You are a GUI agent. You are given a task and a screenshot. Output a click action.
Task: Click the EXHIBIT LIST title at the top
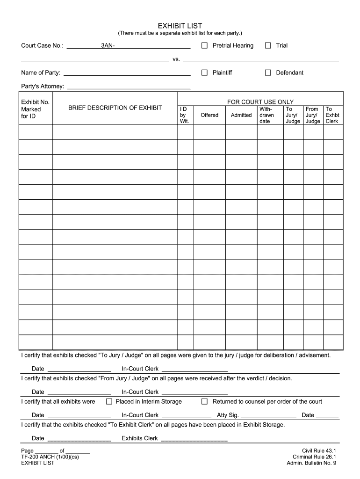(180, 26)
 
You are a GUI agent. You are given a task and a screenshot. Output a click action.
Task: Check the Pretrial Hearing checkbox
(204, 45)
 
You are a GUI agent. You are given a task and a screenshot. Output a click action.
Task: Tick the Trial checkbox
(268, 45)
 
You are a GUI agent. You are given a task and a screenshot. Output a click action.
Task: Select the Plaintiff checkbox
(204, 73)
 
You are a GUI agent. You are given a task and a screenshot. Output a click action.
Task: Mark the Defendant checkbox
(268, 73)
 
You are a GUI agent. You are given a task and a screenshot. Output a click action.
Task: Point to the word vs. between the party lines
(176, 59)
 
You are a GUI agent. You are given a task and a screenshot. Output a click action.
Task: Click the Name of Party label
(41, 73)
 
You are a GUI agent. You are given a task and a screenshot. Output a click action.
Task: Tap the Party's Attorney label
(43, 87)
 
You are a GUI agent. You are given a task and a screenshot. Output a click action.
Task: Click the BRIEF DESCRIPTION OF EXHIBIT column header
(115, 108)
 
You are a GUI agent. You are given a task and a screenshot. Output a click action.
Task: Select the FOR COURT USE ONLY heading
(260, 102)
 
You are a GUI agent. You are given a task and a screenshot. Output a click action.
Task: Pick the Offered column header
(209, 115)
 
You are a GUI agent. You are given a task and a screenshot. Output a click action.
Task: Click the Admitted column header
(241, 115)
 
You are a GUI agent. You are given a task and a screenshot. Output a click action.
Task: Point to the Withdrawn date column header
(266, 115)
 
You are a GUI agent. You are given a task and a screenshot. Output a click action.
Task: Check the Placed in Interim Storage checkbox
(109, 401)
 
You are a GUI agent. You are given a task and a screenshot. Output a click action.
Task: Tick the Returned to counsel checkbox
(204, 401)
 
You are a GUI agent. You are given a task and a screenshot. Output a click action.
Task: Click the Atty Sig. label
(228, 415)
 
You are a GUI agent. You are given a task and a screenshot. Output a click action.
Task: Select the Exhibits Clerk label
(140, 438)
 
